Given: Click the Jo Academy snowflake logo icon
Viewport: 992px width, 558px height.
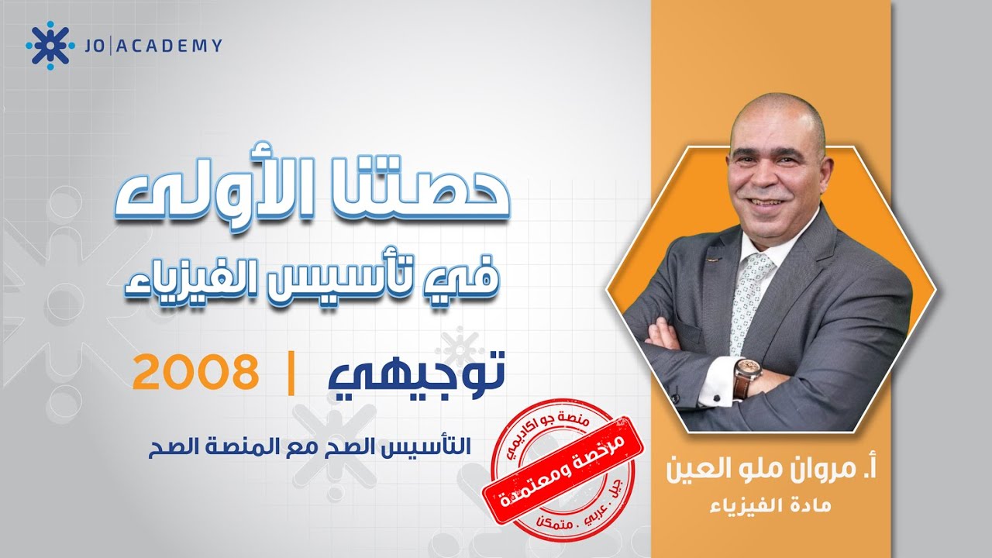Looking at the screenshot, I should [50, 46].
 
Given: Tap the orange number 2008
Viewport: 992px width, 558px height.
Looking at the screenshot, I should [195, 374].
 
